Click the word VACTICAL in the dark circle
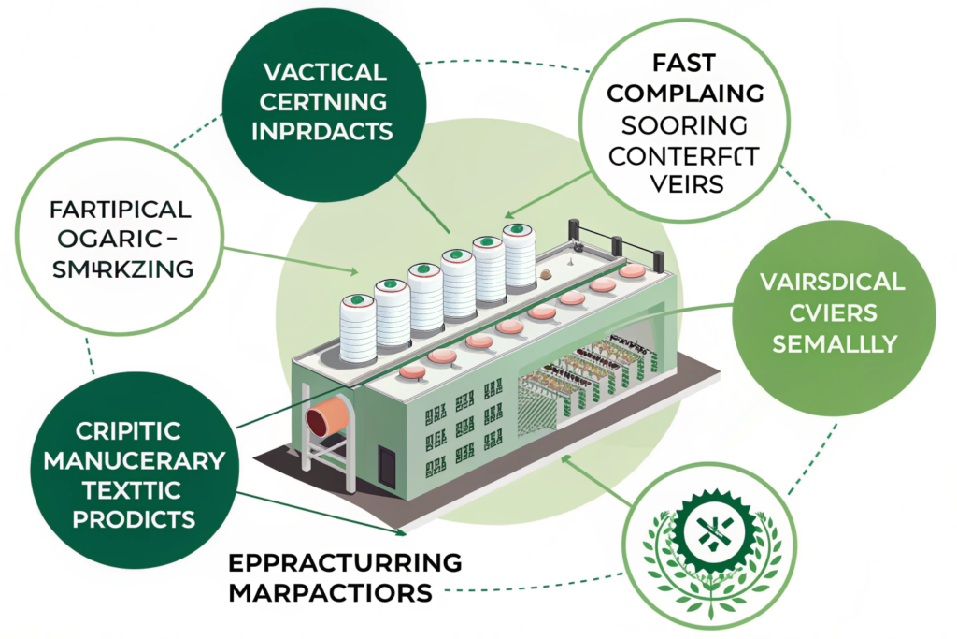(x=324, y=72)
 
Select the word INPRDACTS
(x=324, y=128)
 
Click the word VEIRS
(x=687, y=183)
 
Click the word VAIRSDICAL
(x=831, y=282)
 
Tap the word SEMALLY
(x=831, y=342)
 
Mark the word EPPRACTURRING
(x=345, y=563)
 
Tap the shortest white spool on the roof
(x=357, y=327)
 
